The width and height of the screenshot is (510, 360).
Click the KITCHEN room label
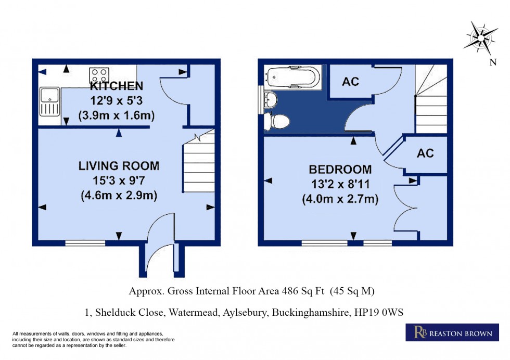[117, 86]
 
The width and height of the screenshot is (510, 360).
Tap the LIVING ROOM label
[119, 166]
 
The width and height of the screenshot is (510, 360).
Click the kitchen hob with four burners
[98, 73]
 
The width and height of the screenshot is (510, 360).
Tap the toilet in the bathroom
[276, 121]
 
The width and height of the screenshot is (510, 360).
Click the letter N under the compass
[492, 63]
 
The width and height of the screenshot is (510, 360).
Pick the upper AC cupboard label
[350, 82]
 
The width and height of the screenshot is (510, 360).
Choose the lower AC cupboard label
[425, 153]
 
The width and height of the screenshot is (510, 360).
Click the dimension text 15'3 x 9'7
[119, 181]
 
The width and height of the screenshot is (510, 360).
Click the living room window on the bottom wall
[85, 242]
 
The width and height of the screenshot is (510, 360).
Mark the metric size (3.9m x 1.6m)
[117, 115]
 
